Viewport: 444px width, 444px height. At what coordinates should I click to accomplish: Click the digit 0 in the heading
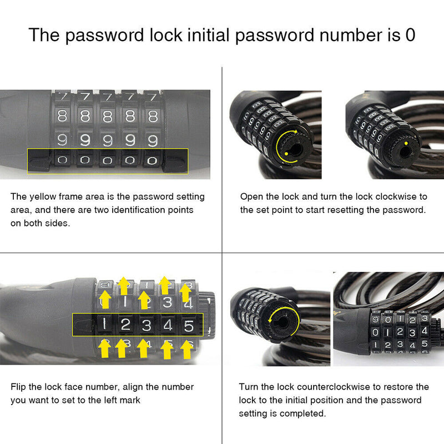pyautogui.click(x=410, y=34)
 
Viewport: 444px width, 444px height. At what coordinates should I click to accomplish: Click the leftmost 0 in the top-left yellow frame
pyautogui.click(x=63, y=162)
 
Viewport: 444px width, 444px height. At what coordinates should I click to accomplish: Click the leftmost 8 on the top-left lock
pyautogui.click(x=63, y=117)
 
